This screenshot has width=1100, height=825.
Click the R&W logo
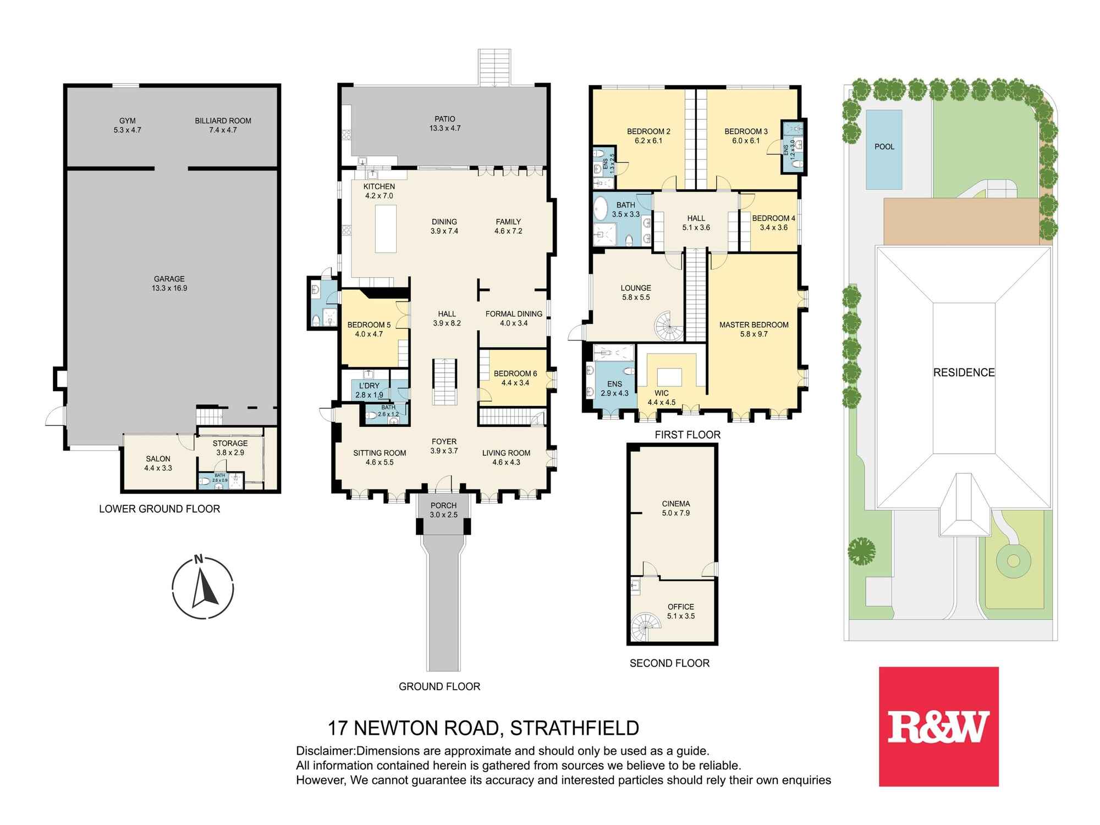point(938,727)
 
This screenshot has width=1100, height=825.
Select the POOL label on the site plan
point(884,147)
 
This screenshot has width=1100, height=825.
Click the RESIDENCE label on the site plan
point(964,372)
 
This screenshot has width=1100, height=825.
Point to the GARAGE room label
point(169,279)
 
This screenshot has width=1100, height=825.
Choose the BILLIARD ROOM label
point(223,120)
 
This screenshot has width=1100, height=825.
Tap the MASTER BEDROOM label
point(754,324)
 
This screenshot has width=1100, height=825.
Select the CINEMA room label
point(676,504)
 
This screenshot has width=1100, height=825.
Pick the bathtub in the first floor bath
point(601,209)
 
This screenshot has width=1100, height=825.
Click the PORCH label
point(443,505)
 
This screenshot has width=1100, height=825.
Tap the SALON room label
point(158,459)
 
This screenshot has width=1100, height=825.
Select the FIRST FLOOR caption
point(687,435)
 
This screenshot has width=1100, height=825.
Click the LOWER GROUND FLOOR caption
point(159,509)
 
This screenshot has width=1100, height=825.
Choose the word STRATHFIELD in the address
point(575,728)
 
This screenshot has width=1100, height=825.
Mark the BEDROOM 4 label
point(774,218)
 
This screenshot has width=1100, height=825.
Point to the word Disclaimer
point(326,751)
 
